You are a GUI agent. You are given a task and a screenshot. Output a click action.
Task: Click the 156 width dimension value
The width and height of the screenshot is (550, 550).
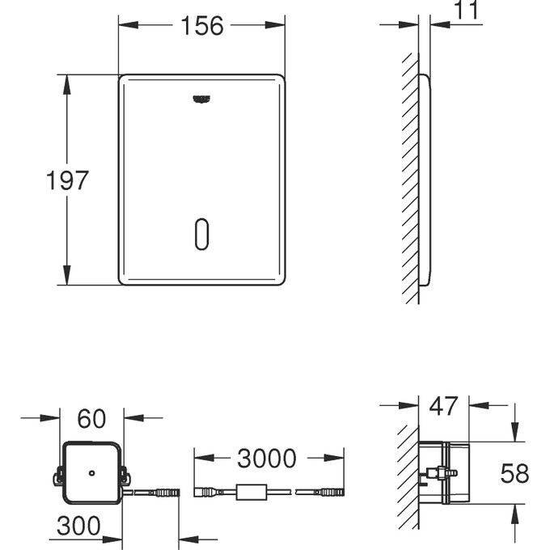[x=201, y=26]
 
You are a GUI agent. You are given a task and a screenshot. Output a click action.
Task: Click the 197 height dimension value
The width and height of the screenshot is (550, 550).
[x=67, y=180]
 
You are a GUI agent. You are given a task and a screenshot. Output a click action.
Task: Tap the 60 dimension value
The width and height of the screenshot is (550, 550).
[x=91, y=418]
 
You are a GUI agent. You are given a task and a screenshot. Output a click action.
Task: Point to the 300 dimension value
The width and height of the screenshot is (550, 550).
[x=78, y=526]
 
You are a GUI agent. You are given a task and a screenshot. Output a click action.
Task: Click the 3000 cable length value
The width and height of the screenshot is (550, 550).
[x=266, y=459]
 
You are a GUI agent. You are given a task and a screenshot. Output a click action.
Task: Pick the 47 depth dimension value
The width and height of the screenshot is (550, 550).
[x=442, y=406]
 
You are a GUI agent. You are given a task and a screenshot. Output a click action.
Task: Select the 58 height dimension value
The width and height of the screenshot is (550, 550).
[x=514, y=473]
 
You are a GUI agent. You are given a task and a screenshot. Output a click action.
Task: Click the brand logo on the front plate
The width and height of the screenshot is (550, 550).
[x=201, y=99]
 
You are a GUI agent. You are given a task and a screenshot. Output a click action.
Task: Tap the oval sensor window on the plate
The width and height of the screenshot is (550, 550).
[x=201, y=234]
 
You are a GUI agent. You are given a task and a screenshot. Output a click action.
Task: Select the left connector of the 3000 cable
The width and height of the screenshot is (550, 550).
[x=205, y=491]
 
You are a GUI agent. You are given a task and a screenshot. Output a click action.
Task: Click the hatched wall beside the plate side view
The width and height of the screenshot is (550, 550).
[x=411, y=178]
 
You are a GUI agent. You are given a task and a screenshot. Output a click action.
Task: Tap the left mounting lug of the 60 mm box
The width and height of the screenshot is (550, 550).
[x=58, y=478]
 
